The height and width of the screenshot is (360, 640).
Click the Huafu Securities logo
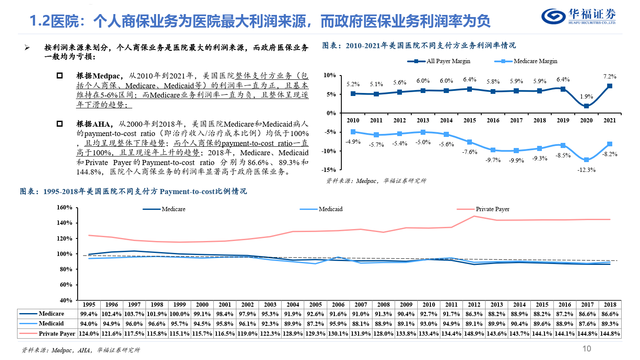click(579, 17)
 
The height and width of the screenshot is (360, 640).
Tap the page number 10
click(587, 349)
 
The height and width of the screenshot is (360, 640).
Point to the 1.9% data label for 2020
click(586, 97)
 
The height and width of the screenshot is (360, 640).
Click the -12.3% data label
click(586, 170)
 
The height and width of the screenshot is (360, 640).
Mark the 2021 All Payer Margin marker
click(610, 86)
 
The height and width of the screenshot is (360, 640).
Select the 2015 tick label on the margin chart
click(469, 121)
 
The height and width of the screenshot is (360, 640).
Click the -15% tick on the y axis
click(329, 170)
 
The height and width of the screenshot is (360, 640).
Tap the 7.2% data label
click(610, 77)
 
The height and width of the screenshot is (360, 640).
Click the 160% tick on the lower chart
click(64, 208)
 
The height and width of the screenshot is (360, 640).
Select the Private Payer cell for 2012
click(474, 334)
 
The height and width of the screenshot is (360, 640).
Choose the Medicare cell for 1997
click(134, 314)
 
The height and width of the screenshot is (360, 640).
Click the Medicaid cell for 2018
click(610, 324)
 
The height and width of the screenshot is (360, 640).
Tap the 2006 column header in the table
click(338, 305)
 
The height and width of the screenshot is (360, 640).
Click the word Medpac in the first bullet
click(106, 76)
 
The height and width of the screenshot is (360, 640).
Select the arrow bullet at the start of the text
click(27, 48)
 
